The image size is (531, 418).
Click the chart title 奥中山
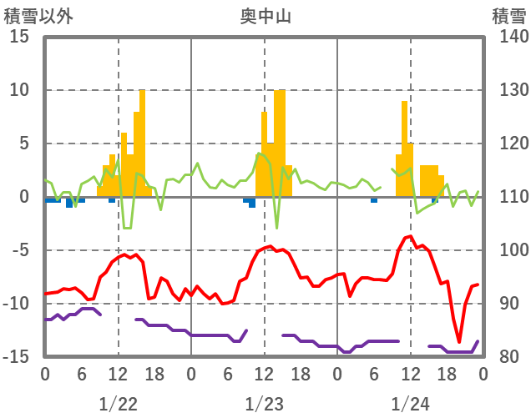265,15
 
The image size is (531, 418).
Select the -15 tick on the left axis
18,357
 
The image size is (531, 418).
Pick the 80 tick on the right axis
505,357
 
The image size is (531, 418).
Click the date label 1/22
118,404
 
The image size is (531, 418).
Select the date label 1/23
265,404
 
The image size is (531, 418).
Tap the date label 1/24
411,404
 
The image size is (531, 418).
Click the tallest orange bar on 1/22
143,142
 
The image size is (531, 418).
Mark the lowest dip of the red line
459,341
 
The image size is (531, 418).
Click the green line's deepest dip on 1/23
276,227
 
